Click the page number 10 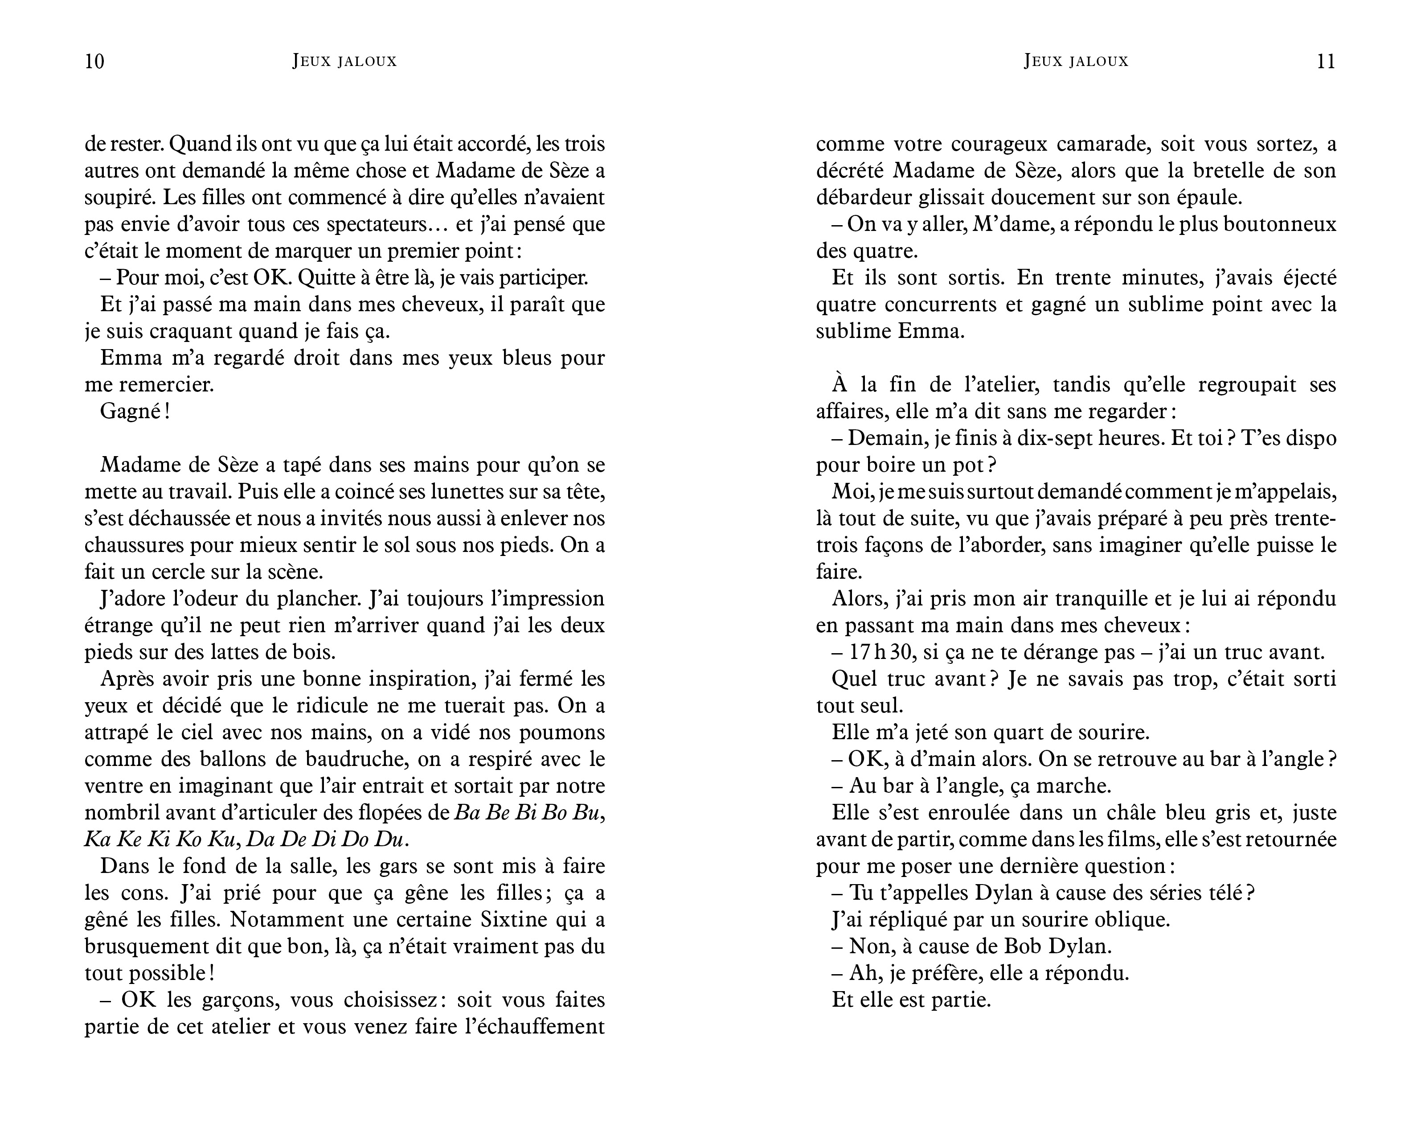coord(95,62)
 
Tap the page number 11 coord(1326,62)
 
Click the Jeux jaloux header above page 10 coord(345,62)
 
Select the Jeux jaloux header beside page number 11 coord(1076,62)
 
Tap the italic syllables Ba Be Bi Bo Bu coord(527,813)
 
